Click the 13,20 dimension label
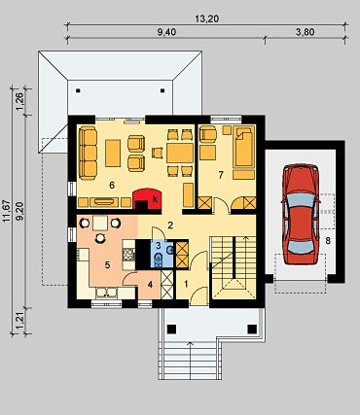click(206, 19)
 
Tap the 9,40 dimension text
click(166, 32)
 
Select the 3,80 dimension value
click(305, 32)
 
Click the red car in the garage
click(301, 214)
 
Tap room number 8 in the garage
click(328, 241)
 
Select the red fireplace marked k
click(148, 198)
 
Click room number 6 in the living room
click(112, 186)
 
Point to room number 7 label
click(221, 175)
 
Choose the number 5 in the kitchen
click(107, 265)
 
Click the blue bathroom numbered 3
click(162, 254)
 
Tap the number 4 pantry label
click(150, 285)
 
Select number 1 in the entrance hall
click(186, 284)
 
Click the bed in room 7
click(244, 147)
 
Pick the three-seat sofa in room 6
click(88, 153)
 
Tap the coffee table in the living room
click(113, 153)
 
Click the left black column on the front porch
click(172, 329)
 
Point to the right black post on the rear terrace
click(162, 91)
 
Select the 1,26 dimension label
click(19, 101)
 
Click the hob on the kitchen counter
click(129, 255)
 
